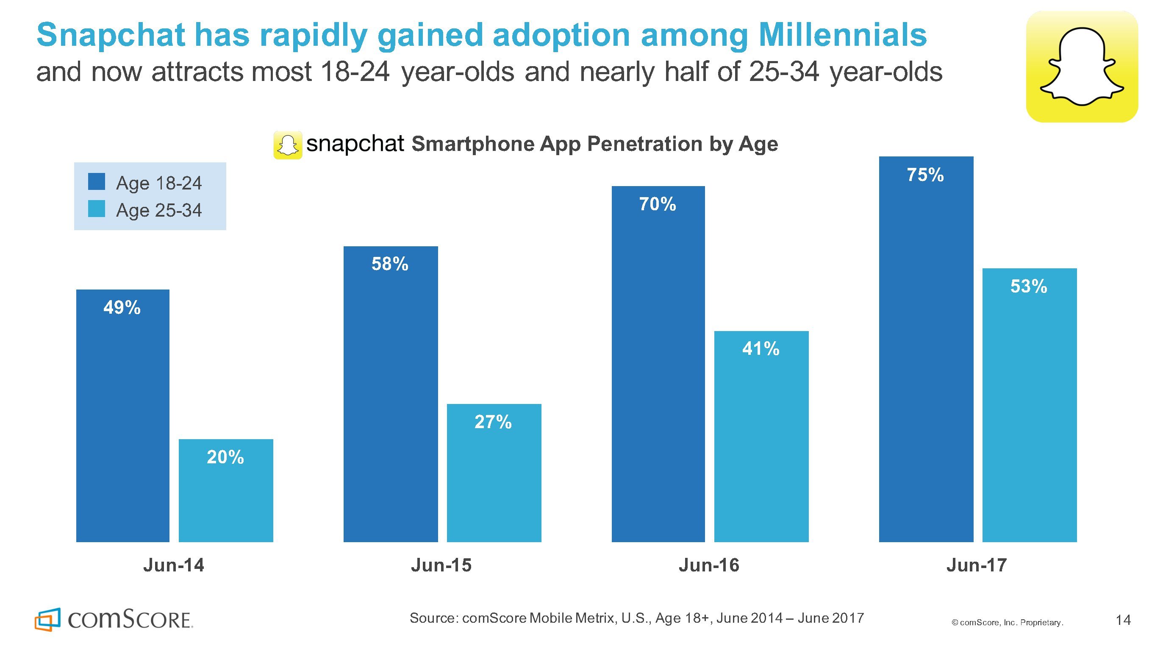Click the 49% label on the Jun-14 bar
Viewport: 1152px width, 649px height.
click(x=122, y=308)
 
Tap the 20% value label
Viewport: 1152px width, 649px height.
click(x=225, y=457)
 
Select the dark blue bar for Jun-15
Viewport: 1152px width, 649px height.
click(x=390, y=403)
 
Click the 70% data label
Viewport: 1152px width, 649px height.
click(x=658, y=205)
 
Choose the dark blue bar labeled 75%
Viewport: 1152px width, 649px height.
click(x=926, y=358)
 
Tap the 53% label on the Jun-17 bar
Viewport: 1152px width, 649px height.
click(x=1029, y=287)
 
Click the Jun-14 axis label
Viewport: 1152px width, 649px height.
click(x=174, y=565)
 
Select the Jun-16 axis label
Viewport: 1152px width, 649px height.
click(x=709, y=565)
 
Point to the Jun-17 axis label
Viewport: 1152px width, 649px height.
click(x=977, y=565)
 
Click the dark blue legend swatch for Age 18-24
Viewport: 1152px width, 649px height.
click(x=97, y=182)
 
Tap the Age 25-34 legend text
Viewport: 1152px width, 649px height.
click(x=159, y=210)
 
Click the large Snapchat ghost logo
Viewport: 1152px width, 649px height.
click(x=1081, y=67)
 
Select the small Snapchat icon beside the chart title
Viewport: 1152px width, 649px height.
click(x=288, y=145)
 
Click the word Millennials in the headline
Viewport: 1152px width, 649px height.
click(x=843, y=35)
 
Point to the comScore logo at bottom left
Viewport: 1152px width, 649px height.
click(x=114, y=619)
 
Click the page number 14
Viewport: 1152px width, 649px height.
click(x=1123, y=620)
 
